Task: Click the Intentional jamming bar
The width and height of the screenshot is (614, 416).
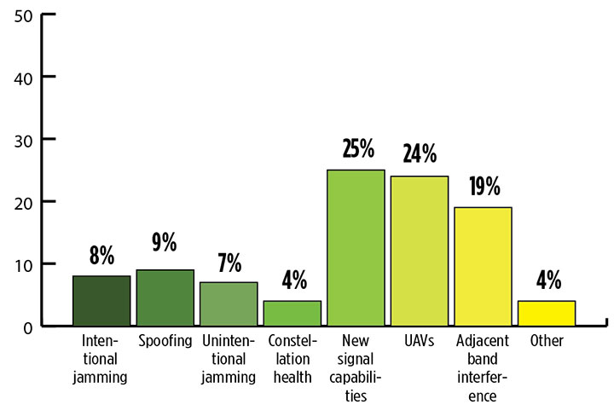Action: (x=101, y=300)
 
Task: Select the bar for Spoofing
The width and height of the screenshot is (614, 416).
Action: (x=165, y=298)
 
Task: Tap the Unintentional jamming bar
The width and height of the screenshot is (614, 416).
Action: (x=229, y=303)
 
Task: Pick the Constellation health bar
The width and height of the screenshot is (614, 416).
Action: (x=292, y=313)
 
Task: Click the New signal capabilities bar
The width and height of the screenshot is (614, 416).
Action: (x=356, y=247)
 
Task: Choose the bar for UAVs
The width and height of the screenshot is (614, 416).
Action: (x=419, y=251)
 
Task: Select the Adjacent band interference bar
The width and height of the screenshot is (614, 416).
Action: (x=483, y=266)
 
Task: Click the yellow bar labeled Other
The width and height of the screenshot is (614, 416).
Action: (x=547, y=313)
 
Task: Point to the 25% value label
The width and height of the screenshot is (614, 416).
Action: (x=356, y=149)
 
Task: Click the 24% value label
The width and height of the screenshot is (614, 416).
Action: (x=420, y=154)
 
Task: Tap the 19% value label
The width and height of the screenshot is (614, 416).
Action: (x=484, y=186)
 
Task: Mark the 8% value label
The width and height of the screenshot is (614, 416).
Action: (x=101, y=255)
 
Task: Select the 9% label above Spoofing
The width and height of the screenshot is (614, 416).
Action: (x=165, y=243)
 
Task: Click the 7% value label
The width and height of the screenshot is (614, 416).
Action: (x=229, y=261)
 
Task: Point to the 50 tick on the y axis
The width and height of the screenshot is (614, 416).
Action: (x=22, y=14)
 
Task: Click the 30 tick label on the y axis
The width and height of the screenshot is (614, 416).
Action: (x=22, y=139)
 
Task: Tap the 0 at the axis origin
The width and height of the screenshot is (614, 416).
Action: (x=26, y=326)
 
